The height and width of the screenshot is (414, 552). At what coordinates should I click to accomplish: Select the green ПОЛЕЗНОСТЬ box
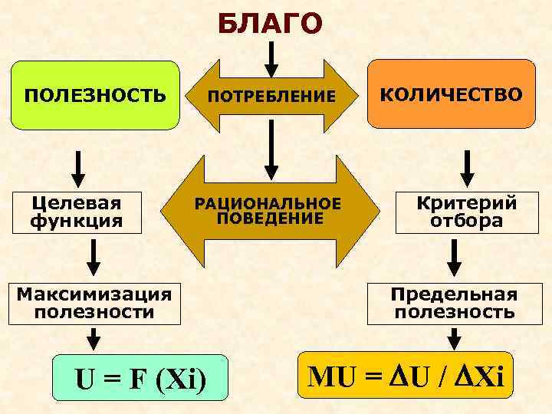pos(94,95)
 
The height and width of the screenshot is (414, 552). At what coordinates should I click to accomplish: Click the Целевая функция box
pos(77,212)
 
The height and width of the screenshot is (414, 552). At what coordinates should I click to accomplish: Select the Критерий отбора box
pos(466,212)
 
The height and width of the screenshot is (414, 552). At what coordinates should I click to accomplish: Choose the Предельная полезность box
pos(454,303)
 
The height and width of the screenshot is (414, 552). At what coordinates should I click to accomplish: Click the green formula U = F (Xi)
pos(140,379)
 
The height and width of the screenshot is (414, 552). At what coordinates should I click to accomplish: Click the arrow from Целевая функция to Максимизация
pos(94,257)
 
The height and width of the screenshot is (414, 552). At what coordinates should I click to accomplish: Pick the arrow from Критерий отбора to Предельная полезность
pos(455,257)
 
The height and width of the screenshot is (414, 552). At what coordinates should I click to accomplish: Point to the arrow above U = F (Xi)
pos(94,337)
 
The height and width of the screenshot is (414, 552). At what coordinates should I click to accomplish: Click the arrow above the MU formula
pos(455,337)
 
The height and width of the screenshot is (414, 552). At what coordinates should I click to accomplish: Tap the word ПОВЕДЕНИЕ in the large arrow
pos(269,219)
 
